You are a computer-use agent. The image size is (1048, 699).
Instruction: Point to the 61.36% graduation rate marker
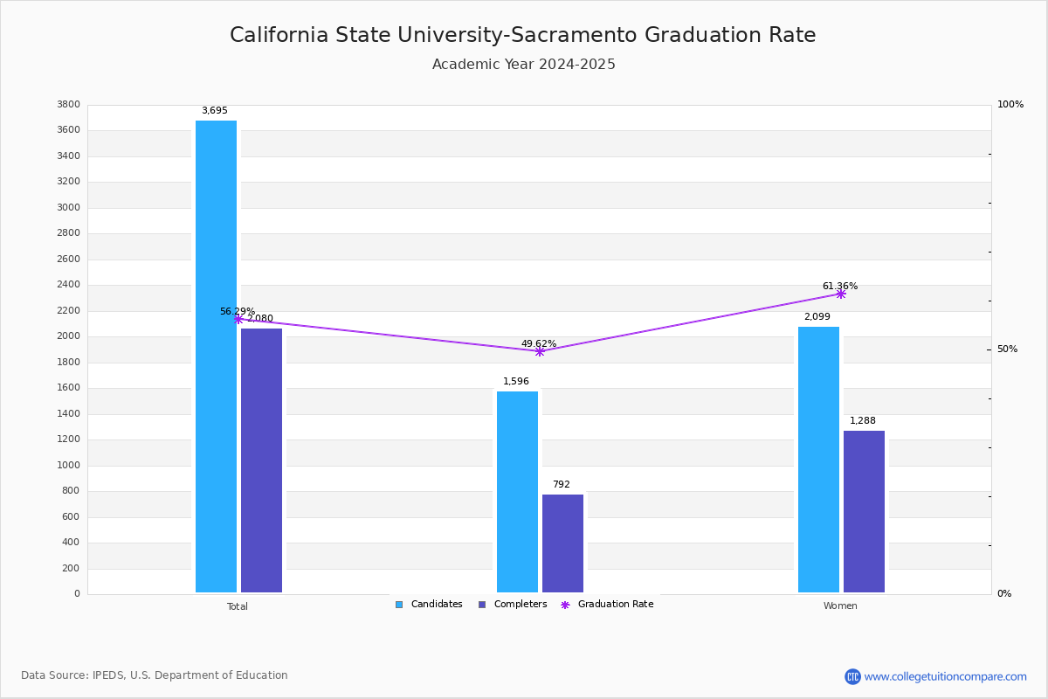(x=840, y=294)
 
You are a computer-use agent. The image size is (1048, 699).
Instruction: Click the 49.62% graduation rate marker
(x=539, y=351)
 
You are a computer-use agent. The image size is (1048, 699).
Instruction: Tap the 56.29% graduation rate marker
(x=238, y=319)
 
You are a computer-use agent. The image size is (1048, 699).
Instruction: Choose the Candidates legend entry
(x=429, y=605)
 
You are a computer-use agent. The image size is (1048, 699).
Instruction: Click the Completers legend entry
(x=513, y=605)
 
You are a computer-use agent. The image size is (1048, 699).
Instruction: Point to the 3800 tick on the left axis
(x=68, y=105)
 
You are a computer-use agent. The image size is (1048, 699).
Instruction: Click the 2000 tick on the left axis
(x=68, y=336)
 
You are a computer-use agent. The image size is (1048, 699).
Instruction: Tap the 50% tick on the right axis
(x=1007, y=349)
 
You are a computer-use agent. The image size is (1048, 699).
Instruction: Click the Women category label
(x=840, y=606)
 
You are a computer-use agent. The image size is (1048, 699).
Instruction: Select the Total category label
(x=238, y=606)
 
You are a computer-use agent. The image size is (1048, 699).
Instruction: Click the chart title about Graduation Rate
(x=523, y=35)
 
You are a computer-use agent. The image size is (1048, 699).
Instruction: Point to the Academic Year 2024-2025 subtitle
(x=523, y=65)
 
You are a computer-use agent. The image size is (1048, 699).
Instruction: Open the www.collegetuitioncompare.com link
(x=945, y=676)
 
